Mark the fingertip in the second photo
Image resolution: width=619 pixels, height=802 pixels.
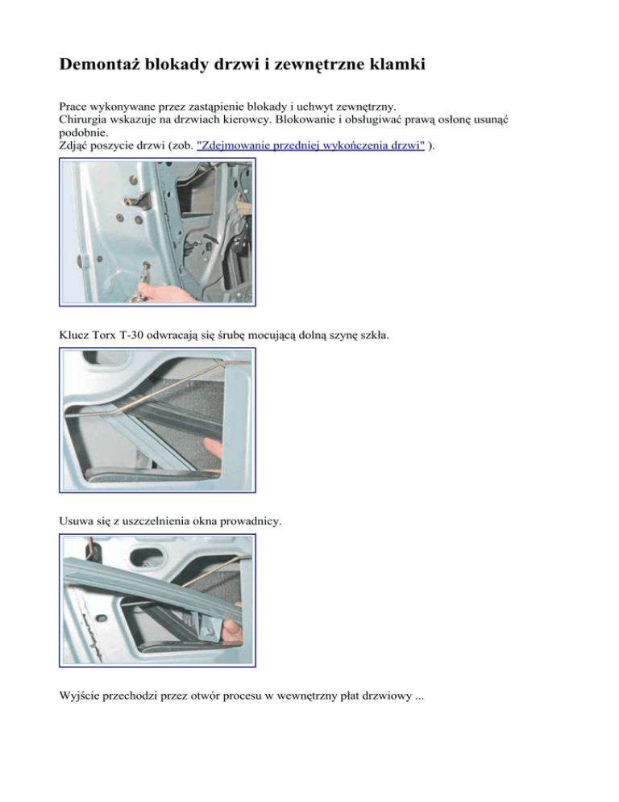pyautogui.click(x=211, y=446)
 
